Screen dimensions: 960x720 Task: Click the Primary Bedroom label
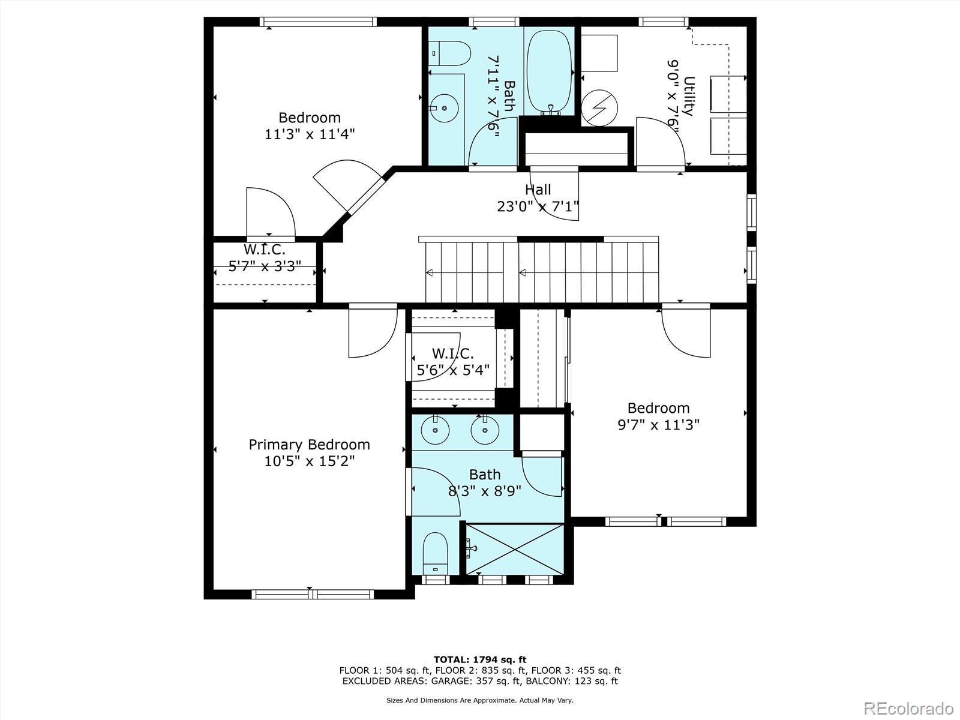309,445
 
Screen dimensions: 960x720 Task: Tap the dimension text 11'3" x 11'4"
309,134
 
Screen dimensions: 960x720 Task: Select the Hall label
538,190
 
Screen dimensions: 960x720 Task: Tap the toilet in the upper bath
449,53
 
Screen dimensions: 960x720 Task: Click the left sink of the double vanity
435,430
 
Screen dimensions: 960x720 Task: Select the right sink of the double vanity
485,430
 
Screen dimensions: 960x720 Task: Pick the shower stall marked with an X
515,549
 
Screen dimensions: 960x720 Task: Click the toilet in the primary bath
435,553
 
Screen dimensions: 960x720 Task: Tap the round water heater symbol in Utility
599,108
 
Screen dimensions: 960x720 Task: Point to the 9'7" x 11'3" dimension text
658,424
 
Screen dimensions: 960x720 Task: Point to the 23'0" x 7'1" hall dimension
538,206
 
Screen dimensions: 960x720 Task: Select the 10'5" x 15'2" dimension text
309,461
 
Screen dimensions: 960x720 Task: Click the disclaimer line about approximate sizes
480,700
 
